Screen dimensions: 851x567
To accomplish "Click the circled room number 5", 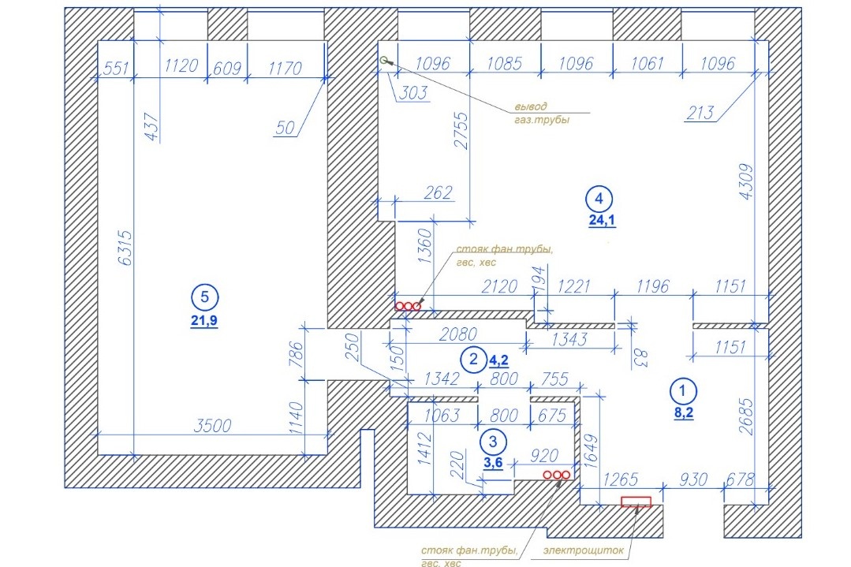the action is pyautogui.click(x=204, y=297).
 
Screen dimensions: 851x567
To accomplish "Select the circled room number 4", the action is pyautogui.click(x=599, y=199).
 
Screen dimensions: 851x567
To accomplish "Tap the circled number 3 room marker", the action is pyautogui.click(x=493, y=441).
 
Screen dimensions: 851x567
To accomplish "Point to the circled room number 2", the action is pyautogui.click(x=473, y=359).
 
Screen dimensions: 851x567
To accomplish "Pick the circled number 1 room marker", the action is pyautogui.click(x=683, y=390).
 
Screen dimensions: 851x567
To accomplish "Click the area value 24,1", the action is pyautogui.click(x=603, y=220).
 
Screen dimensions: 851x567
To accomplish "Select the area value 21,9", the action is pyautogui.click(x=204, y=321).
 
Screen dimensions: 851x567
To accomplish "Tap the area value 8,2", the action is pyautogui.click(x=684, y=413).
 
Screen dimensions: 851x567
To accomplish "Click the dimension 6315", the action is pyautogui.click(x=125, y=248).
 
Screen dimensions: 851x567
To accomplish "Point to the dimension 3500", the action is pyautogui.click(x=213, y=426).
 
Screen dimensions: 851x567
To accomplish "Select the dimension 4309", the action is pyautogui.click(x=748, y=181).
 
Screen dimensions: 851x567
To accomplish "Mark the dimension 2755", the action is pyautogui.click(x=461, y=130).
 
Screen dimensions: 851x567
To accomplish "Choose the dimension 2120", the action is pyautogui.click(x=499, y=286).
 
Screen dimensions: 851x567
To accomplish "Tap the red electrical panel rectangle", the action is pyautogui.click(x=636, y=502).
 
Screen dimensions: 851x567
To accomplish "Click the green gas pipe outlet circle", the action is pyautogui.click(x=384, y=60).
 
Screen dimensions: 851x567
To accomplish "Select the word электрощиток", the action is pyautogui.click(x=584, y=550).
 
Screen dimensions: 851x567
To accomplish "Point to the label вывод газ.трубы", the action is pyautogui.click(x=542, y=113).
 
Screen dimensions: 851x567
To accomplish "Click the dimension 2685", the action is pyautogui.click(x=747, y=416).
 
